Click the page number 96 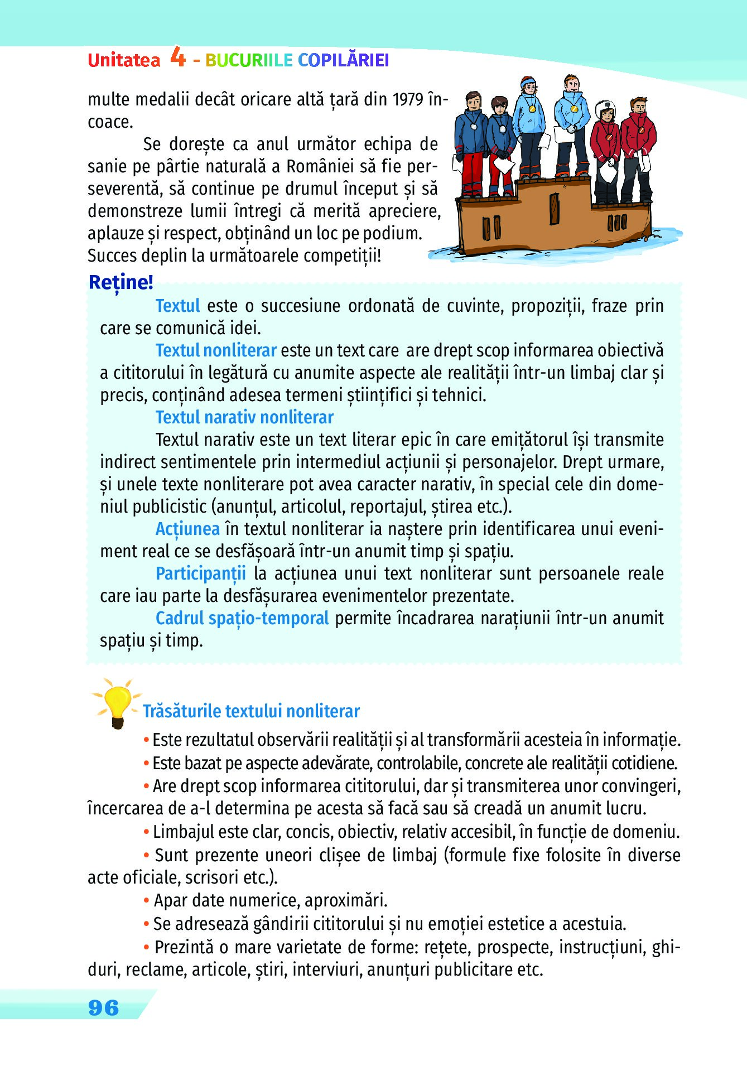(x=104, y=1007)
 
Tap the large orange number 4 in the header (x=177, y=57)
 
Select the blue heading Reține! (x=121, y=282)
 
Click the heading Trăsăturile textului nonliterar (x=251, y=711)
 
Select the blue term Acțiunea (x=187, y=529)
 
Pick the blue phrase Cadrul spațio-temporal (x=242, y=618)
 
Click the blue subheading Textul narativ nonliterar (x=244, y=417)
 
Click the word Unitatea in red (x=124, y=60)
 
